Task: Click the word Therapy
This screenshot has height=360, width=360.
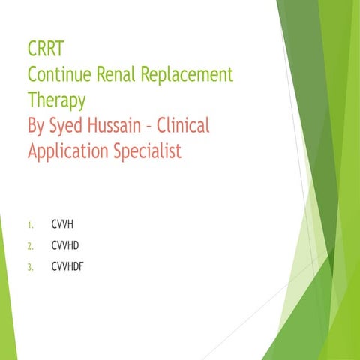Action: tap(56, 101)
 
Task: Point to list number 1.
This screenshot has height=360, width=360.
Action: tap(29, 225)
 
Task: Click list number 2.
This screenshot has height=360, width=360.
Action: tap(29, 244)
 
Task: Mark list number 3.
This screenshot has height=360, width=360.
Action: tap(29, 265)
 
